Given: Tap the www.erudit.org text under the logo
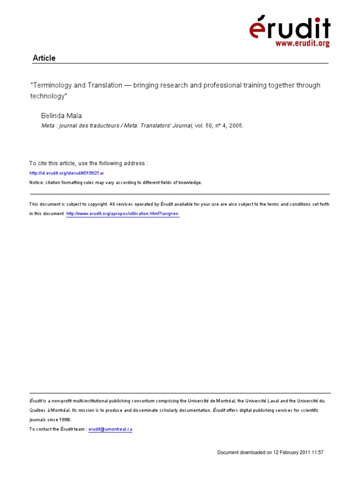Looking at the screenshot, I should (x=302, y=44).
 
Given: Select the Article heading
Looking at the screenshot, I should (x=44, y=58).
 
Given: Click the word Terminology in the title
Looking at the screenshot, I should (x=52, y=85).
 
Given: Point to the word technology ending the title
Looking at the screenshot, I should (x=45, y=96).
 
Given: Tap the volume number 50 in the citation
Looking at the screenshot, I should (x=210, y=126).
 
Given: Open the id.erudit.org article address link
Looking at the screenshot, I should (x=67, y=173).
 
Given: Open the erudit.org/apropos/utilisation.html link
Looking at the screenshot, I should (x=123, y=214).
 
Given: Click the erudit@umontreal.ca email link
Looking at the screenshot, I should (x=111, y=429).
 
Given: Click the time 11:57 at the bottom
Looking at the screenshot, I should (x=317, y=453).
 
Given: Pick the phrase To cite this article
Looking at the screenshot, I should (x=49, y=164).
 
